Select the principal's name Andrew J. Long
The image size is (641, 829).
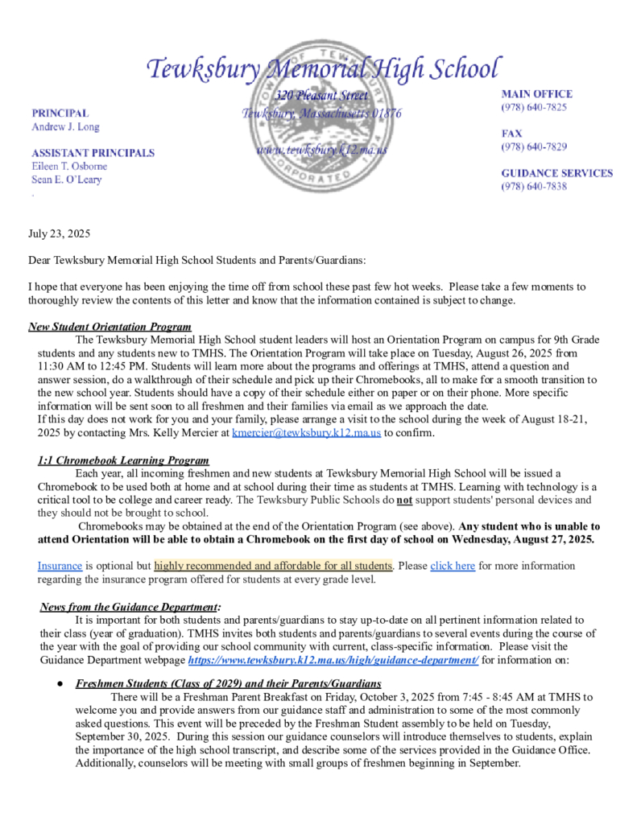pyautogui.click(x=65, y=127)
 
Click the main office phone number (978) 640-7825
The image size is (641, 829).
pyautogui.click(x=534, y=107)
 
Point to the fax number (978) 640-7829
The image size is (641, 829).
pyautogui.click(x=534, y=146)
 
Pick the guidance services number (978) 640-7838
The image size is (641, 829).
pyautogui.click(x=534, y=186)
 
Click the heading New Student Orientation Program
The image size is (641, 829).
pyautogui.click(x=110, y=327)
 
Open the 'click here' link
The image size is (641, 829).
pyautogui.click(x=453, y=566)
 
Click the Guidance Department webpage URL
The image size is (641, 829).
pyautogui.click(x=333, y=660)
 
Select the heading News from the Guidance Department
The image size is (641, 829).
pyautogui.click(x=129, y=606)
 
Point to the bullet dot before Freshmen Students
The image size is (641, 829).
pyautogui.click(x=60, y=684)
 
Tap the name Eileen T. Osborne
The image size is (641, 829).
pyautogui.click(x=68, y=166)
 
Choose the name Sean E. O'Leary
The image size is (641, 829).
pyautogui.click(x=66, y=179)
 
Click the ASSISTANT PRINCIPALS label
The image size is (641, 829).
pyautogui.click(x=93, y=152)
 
